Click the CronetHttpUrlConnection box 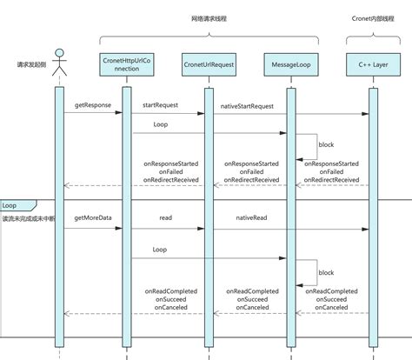pos(126,64)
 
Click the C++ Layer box pos(373,65)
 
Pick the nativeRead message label pos(252,218)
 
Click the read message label pos(164,218)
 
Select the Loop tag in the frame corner pos(10,205)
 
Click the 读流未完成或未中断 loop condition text pos(29,217)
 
